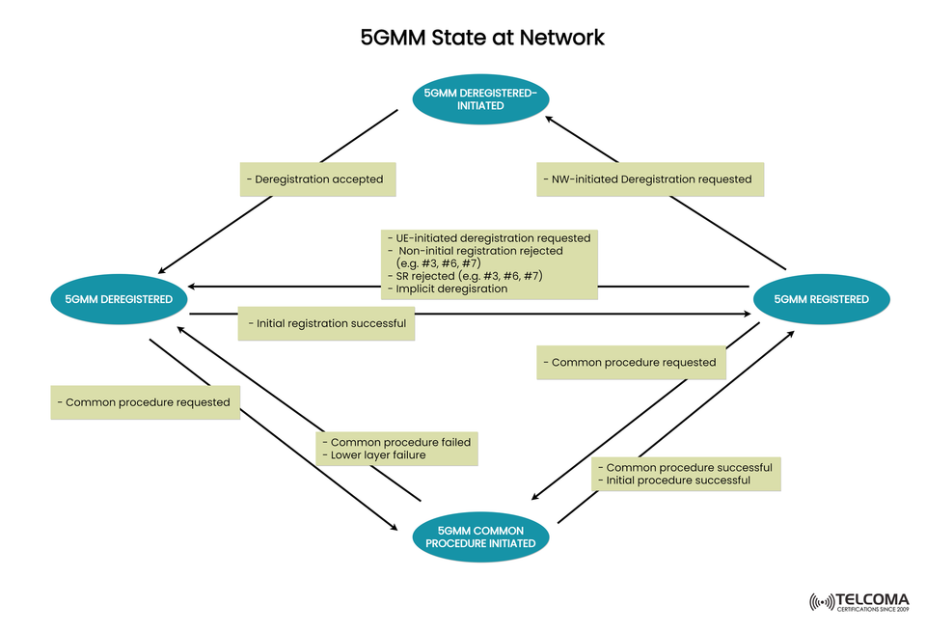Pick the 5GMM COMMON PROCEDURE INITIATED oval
(x=486, y=536)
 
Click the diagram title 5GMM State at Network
(x=482, y=38)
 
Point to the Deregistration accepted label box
(x=319, y=179)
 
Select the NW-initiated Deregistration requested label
(x=650, y=179)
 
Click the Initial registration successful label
(x=327, y=323)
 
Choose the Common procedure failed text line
(x=396, y=442)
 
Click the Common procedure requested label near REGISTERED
(x=633, y=363)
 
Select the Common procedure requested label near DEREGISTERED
(x=145, y=402)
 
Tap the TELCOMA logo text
(x=875, y=598)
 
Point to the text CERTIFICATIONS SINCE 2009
(x=875, y=610)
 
